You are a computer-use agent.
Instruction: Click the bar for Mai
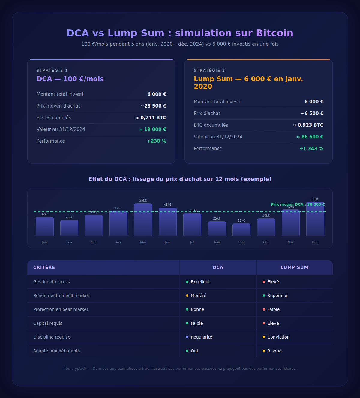[143, 220]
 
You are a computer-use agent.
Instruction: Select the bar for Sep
[241, 230]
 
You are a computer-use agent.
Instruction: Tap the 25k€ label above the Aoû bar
[217, 219]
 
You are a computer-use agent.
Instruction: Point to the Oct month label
[266, 242]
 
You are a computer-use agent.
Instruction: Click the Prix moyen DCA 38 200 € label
[298, 205]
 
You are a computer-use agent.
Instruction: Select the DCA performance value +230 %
[156, 141]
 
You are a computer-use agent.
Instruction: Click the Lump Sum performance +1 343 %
[311, 149]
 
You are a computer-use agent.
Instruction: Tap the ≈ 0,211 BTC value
[151, 118]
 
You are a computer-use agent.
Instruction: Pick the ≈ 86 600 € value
[310, 137]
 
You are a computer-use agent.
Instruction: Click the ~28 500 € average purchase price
[153, 106]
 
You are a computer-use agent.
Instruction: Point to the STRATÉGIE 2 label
[209, 71]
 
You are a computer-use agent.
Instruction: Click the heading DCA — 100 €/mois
[70, 79]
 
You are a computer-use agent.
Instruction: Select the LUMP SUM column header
[295, 267]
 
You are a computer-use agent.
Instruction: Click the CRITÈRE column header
[44, 267]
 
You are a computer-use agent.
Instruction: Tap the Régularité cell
[201, 337]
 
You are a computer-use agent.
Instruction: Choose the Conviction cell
[278, 337]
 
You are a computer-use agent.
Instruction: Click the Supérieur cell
[277, 296]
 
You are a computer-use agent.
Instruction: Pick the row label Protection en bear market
[61, 309]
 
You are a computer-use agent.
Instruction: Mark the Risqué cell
[274, 351]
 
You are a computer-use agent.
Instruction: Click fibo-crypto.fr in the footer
[75, 369]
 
